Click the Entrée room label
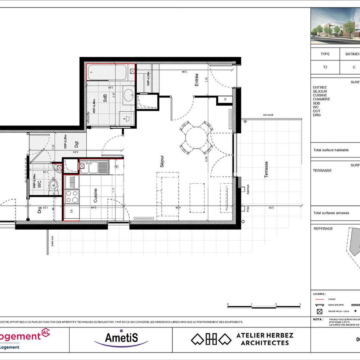click(x=196, y=80)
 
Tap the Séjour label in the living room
click(x=162, y=161)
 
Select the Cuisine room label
click(x=95, y=194)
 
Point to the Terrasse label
click(x=266, y=170)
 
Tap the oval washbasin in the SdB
click(x=128, y=95)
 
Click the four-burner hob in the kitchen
click(x=72, y=196)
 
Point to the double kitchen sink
click(x=94, y=167)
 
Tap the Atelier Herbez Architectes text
click(x=265, y=339)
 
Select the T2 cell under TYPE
click(x=325, y=67)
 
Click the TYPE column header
click(x=325, y=54)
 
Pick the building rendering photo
click(x=335, y=27)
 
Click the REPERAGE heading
click(x=323, y=229)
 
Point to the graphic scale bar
click(x=263, y=305)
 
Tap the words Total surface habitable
click(x=331, y=150)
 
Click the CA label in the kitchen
click(x=72, y=212)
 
